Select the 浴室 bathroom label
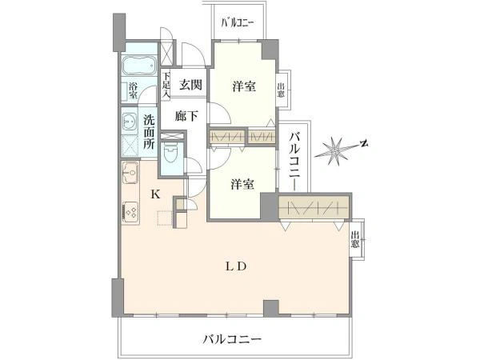[133, 90]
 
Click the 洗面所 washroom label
[150, 134]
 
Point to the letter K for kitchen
[156, 194]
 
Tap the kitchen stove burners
[130, 213]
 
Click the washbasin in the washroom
[129, 123]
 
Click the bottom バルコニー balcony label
[233, 339]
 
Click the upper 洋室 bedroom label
[245, 86]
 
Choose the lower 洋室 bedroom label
[242, 185]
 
